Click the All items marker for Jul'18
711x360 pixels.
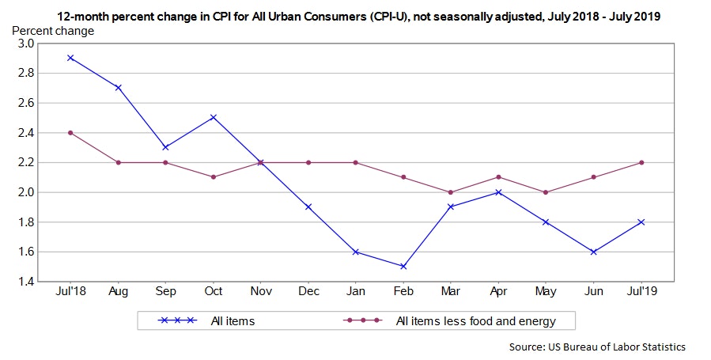point(70,58)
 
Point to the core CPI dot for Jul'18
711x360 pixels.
point(70,132)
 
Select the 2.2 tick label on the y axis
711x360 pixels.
point(25,162)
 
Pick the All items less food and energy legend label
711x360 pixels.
point(475,320)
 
